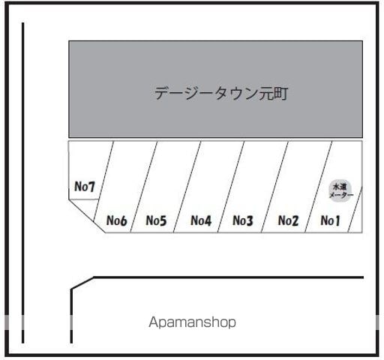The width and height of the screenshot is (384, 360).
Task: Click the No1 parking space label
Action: (x=330, y=220)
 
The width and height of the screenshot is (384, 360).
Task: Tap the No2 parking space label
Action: (x=288, y=220)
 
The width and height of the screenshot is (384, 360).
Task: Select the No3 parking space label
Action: (x=243, y=220)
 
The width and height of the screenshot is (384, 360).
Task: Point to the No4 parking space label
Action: (x=201, y=220)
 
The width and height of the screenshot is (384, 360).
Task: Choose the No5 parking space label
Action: (x=156, y=220)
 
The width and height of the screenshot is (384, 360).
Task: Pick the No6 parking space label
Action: (x=116, y=220)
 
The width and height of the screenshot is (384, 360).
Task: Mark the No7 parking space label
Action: (x=85, y=187)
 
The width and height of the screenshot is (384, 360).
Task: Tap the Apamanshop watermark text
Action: (x=192, y=322)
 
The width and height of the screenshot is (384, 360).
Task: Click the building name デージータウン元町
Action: (x=221, y=93)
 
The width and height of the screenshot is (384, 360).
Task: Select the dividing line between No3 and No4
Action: (x=231, y=187)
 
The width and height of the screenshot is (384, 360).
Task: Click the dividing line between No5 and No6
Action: (x=144, y=187)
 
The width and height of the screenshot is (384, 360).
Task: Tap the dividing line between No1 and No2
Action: (x=319, y=187)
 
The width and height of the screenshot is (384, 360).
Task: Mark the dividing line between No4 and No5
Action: (x=187, y=187)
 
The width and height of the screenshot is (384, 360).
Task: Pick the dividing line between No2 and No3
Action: (x=274, y=187)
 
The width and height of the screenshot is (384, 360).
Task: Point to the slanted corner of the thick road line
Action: (x=82, y=283)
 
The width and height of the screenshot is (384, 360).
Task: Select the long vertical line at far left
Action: (x=23, y=183)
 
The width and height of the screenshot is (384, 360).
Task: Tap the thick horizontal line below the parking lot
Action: (x=229, y=277)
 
